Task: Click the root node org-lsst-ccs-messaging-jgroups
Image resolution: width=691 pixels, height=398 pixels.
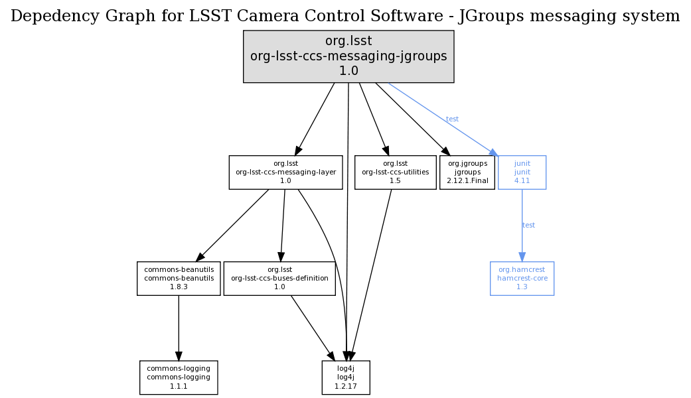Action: click(348, 56)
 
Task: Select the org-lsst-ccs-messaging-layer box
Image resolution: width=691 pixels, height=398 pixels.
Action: click(285, 172)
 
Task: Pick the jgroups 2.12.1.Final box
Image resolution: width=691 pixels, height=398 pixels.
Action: click(467, 172)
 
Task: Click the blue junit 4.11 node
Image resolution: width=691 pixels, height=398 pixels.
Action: click(522, 172)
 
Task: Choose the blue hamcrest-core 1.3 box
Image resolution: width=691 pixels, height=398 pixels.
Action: click(522, 279)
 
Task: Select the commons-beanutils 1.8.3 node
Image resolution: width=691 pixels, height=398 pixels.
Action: click(179, 279)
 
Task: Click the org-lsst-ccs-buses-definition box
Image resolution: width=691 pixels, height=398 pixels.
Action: click(279, 279)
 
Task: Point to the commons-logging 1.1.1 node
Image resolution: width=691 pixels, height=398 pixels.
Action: click(179, 377)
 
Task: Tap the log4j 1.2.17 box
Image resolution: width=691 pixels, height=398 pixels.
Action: click(346, 377)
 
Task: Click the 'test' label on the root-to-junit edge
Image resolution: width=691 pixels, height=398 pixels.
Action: click(452, 119)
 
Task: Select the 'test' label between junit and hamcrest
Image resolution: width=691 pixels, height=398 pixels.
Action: click(528, 226)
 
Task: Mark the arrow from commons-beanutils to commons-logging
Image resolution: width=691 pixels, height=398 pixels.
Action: click(178, 328)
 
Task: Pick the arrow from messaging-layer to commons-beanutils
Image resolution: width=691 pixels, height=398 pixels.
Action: click(232, 226)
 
